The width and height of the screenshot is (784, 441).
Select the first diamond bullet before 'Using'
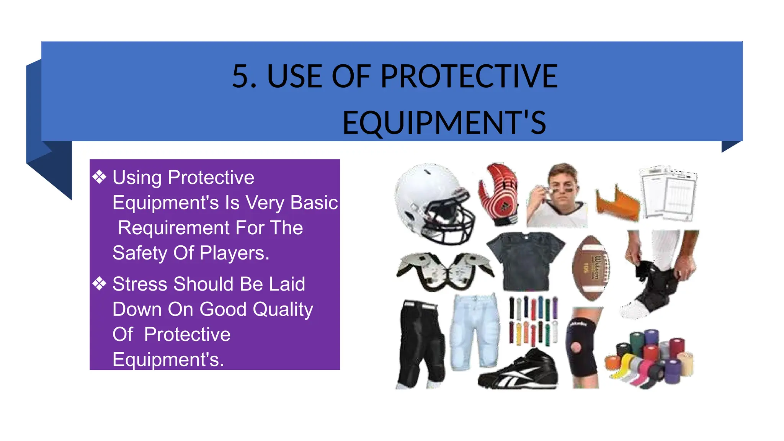(x=100, y=177)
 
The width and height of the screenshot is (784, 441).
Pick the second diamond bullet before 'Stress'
(x=100, y=284)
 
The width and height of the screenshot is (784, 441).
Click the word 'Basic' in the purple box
(x=314, y=203)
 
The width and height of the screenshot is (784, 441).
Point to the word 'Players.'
(x=234, y=253)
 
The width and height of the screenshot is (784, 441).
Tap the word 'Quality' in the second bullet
(x=283, y=309)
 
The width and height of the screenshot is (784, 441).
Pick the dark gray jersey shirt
(x=526, y=260)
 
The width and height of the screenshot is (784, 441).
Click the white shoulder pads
(x=444, y=270)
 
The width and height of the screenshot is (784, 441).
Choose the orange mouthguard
(x=617, y=203)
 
